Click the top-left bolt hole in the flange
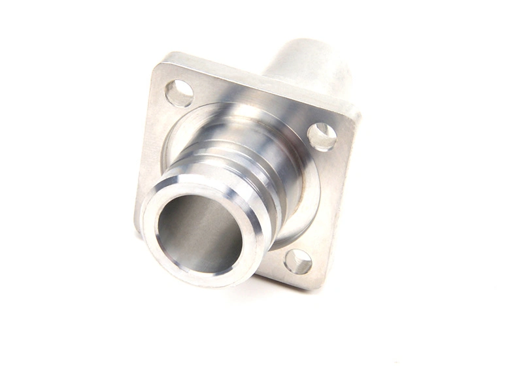pyautogui.click(x=178, y=93)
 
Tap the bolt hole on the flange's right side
pyautogui.click(x=322, y=137)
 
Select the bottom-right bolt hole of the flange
pyautogui.click(x=298, y=261)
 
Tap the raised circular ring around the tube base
pyautogui.click(x=307, y=196)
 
